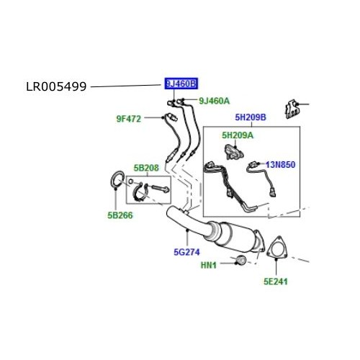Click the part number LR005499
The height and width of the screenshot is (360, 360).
(55, 86)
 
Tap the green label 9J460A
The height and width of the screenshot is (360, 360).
(214, 101)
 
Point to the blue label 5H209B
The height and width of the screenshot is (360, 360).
(250, 117)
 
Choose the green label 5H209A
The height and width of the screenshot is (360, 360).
(238, 135)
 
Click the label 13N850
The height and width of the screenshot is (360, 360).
(282, 164)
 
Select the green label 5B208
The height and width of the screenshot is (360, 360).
(145, 168)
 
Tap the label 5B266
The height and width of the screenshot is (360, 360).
(122, 214)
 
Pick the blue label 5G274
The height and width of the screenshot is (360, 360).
(186, 252)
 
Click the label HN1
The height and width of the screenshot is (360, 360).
(210, 265)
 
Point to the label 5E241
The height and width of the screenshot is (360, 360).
(275, 281)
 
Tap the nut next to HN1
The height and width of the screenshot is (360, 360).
(240, 259)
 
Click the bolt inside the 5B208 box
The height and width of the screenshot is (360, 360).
(157, 189)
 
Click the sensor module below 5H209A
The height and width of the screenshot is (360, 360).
(233, 152)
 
